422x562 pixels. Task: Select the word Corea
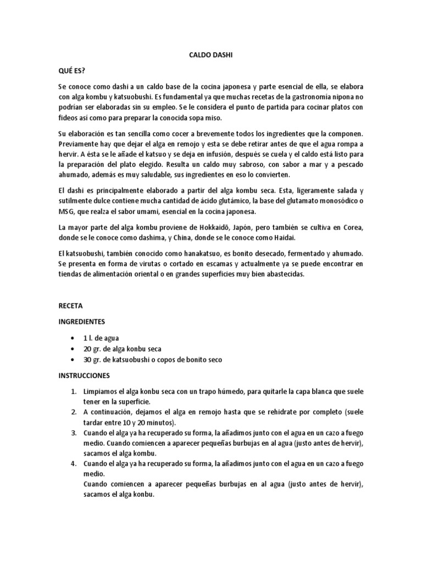tap(353, 227)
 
